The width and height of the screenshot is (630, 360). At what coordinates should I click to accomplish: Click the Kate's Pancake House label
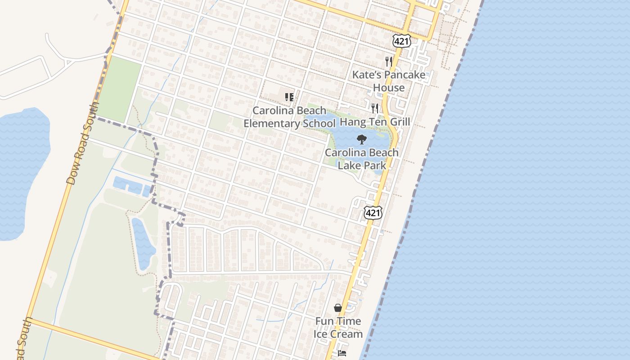388,81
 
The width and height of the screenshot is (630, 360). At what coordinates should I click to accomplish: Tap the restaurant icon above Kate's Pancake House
389,62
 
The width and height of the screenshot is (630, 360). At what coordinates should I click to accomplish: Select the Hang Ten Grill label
375,122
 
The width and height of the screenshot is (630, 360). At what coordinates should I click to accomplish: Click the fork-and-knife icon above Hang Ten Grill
374,108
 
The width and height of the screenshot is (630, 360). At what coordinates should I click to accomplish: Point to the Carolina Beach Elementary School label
289,117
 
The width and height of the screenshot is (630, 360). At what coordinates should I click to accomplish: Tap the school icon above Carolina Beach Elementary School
289,97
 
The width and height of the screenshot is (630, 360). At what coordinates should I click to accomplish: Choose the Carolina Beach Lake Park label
362,159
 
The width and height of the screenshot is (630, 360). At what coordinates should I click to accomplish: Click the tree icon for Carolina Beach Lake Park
361,139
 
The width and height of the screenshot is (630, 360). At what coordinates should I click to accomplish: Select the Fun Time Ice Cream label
338,328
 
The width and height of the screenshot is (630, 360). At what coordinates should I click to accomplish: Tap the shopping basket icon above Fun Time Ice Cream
338,308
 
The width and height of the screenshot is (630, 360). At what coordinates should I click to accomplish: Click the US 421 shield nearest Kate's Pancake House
401,41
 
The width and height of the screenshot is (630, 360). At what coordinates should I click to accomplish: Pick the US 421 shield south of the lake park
373,212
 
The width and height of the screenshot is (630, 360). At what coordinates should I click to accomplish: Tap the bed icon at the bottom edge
342,353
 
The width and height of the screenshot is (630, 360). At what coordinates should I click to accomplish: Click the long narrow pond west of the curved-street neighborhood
143,243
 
